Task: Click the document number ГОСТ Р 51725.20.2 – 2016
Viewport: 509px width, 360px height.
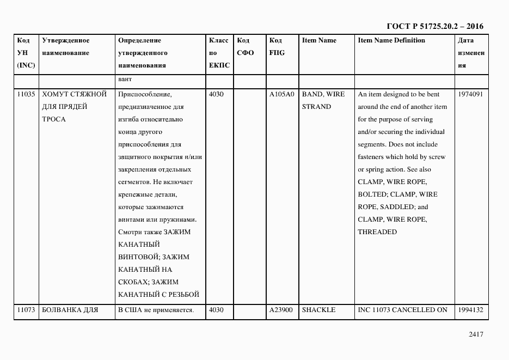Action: [x=434, y=26]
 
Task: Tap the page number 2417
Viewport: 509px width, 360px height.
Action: [x=476, y=334]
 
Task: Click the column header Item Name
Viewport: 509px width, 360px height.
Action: [x=319, y=40]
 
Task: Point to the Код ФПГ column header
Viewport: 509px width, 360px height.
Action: [x=277, y=47]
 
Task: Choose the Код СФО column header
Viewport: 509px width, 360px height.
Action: [x=246, y=47]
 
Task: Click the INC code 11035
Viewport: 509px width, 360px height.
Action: [x=26, y=94]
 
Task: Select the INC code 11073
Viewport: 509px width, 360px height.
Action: [x=26, y=310]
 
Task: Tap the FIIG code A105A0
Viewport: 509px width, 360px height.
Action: [x=281, y=94]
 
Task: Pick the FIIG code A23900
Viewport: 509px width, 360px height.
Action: [x=281, y=310]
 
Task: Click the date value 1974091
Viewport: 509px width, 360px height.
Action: [x=470, y=94]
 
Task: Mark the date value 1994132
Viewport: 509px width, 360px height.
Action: [x=470, y=310]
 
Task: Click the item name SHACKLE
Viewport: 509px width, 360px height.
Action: [x=318, y=310]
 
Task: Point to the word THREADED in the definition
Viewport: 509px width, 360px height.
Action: [x=377, y=232]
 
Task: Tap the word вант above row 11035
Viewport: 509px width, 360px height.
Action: [x=125, y=80]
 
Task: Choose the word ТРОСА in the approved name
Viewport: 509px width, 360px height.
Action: [x=53, y=119]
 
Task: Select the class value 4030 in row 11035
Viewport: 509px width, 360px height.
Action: [x=217, y=94]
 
